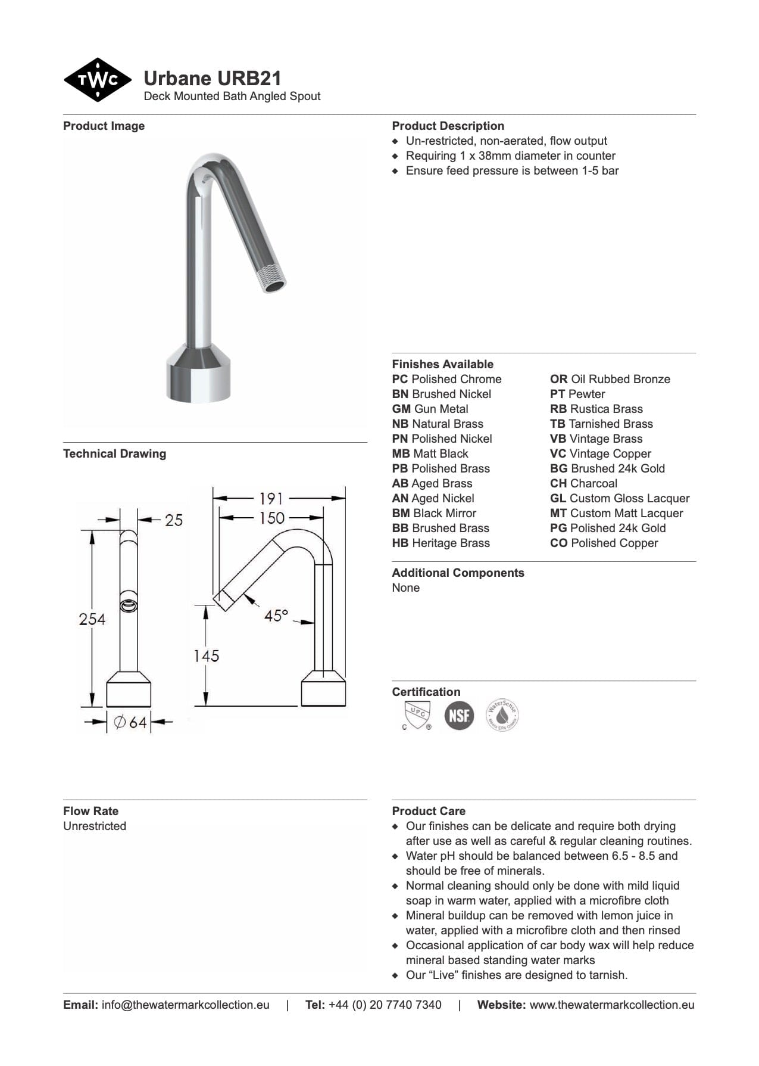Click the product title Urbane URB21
coord(213,79)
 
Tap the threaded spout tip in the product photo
coord(274,280)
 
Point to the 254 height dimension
coord(92,619)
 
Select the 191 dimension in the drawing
coord(271,498)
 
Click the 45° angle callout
coord(276,615)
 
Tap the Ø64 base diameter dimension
coord(131,722)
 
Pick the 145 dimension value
coord(206,656)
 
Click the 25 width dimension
coord(174,520)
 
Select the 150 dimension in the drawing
coord(271,518)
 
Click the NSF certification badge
coord(459,715)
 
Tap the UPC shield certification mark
coord(416,715)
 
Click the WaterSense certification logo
coord(502,715)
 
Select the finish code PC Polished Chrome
coord(446,379)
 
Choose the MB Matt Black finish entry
coord(430,453)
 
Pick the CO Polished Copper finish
coord(604,543)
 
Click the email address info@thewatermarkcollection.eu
coord(185,1005)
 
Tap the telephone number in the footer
coord(385,1005)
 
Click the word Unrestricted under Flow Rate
coord(95,826)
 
